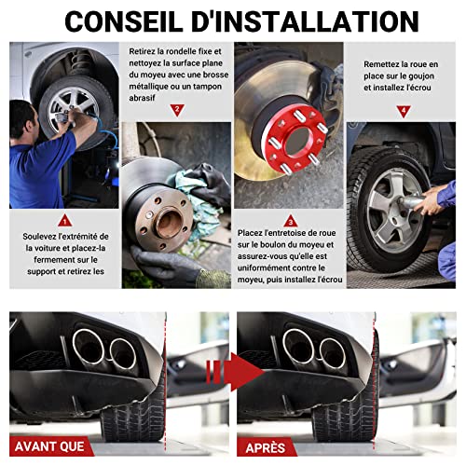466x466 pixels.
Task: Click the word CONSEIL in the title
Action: pyautogui.click(x=124, y=21)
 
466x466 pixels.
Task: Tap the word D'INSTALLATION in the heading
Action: pyautogui.click(x=305, y=21)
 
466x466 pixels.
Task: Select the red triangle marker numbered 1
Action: pyautogui.click(x=65, y=221)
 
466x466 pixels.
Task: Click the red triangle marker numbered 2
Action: pyautogui.click(x=177, y=110)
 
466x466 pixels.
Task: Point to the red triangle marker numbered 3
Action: pyautogui.click(x=291, y=221)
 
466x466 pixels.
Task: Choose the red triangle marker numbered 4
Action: pyautogui.click(x=404, y=111)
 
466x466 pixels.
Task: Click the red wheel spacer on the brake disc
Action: pyautogui.click(x=295, y=139)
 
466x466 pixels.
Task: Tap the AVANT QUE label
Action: pyautogui.click(x=49, y=446)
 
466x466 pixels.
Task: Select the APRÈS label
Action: pyautogui.click(x=265, y=447)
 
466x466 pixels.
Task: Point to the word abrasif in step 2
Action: pyautogui.click(x=142, y=98)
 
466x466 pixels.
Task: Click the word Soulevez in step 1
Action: pyautogui.click(x=39, y=237)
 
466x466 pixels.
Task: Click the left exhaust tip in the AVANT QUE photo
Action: pyautogui.click(x=89, y=347)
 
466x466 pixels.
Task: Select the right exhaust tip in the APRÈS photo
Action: pyautogui.click(x=333, y=353)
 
